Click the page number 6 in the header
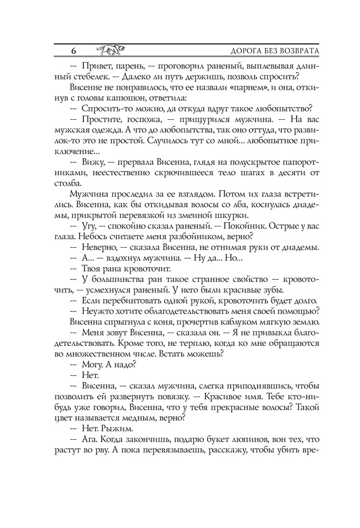pyautogui.click(x=73, y=51)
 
